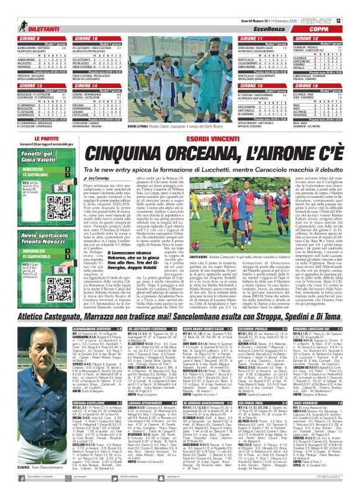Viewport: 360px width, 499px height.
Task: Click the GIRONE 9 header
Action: [x=25, y=38]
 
